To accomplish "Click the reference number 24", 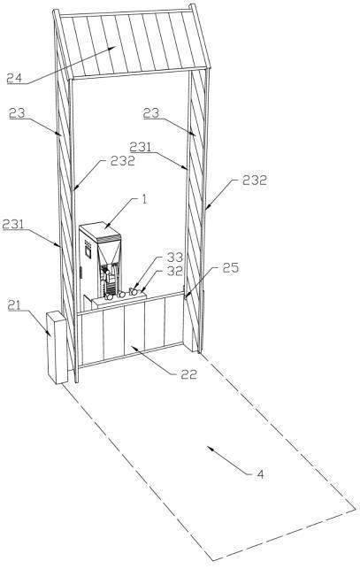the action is coord(14,78).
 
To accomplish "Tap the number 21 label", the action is coord(14,305).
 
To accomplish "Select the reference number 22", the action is coord(188,374).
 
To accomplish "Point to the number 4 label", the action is coord(261,474).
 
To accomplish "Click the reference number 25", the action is coord(231,268).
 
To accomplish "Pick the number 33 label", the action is coord(174,258).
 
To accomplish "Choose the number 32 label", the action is coord(174,271).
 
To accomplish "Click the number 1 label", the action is coord(144,199).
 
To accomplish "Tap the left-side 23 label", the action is coord(17,113).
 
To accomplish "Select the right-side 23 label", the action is coord(151,113).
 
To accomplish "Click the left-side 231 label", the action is coord(12,224).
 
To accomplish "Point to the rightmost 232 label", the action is coord(255,180).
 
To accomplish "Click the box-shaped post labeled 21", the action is coord(57,348).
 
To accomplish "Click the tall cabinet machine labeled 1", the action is coord(100,262).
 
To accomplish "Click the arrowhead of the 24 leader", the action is coord(114,47).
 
